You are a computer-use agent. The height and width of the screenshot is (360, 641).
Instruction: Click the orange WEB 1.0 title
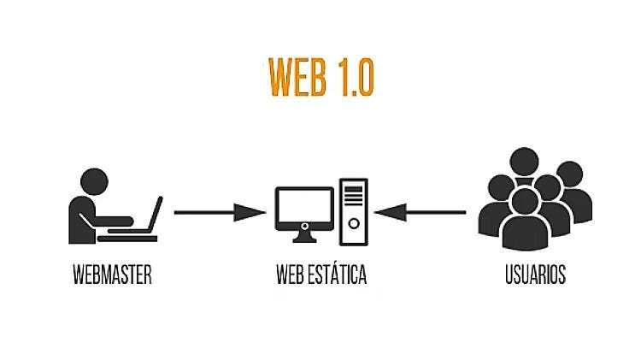320,77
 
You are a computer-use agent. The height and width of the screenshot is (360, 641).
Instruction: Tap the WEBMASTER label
113,274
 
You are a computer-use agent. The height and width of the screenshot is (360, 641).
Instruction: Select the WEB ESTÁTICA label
321,274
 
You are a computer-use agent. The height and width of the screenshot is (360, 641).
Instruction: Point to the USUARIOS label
536,274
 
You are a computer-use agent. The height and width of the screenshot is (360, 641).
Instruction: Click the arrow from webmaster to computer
220,212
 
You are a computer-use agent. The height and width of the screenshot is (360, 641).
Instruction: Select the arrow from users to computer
420,212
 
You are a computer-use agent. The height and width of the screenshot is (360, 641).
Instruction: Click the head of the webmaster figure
94,181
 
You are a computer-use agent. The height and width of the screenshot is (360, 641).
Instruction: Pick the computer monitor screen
304,206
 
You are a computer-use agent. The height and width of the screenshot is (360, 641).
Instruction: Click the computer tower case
354,212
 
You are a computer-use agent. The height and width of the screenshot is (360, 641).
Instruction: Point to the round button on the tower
354,223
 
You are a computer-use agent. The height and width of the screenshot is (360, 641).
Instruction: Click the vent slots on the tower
354,196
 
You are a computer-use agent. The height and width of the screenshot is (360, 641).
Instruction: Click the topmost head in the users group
524,162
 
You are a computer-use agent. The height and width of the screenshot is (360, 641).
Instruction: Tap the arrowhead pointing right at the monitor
250,212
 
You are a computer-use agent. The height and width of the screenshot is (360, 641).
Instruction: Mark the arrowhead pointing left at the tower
391,212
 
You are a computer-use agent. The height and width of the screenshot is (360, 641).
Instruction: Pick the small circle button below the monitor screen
304,226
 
